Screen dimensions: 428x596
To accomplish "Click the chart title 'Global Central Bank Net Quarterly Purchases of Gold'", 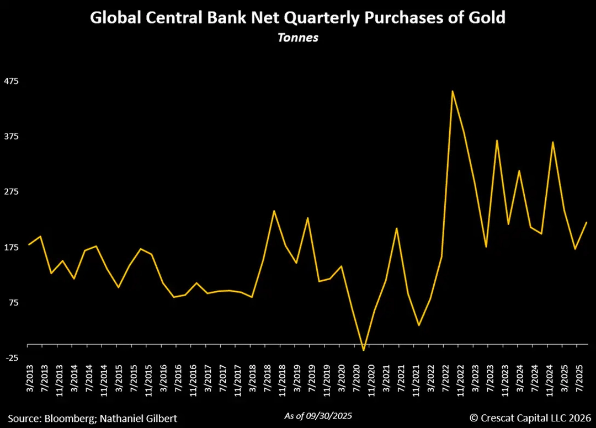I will click(297, 18).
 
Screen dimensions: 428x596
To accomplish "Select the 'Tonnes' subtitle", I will click(297, 39).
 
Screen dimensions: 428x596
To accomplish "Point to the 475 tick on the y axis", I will click(12, 81).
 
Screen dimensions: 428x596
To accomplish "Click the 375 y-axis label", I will click(12, 136).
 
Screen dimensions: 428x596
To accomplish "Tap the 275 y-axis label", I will click(12, 191).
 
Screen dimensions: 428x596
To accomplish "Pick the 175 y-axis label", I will click(12, 247).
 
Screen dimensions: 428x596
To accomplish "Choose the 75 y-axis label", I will click(13, 302).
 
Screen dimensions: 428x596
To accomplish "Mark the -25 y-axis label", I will click(12, 358).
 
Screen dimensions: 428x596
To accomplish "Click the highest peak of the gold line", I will click(453, 91).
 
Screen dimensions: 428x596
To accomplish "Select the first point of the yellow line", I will click(29, 245).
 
